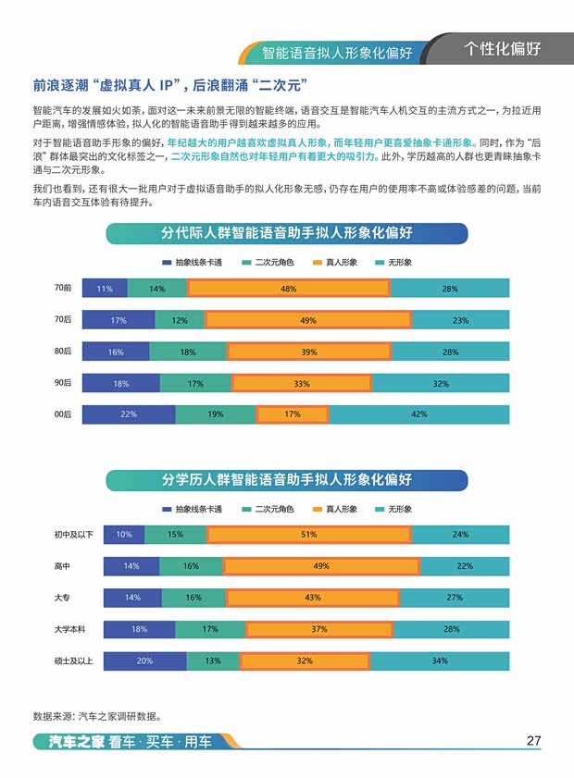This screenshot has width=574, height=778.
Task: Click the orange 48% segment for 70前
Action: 288,289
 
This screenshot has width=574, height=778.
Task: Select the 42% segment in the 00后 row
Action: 418,414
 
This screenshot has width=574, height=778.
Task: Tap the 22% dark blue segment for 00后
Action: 129,414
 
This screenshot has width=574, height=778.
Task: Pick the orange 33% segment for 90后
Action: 302,383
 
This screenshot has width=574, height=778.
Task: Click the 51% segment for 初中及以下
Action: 309,535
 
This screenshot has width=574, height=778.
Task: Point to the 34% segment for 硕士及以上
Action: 439,661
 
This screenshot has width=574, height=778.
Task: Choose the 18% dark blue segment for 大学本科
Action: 139,629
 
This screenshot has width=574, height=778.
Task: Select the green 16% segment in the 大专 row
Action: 193,598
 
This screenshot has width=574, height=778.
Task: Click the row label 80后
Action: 63,352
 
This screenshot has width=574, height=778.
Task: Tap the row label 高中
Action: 63,566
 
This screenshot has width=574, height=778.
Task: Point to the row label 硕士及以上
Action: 73,661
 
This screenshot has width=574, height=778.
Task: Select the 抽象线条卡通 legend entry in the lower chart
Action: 192,509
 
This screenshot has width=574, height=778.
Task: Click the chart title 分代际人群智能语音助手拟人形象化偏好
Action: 287,233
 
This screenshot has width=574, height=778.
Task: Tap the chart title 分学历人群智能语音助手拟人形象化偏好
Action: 287,479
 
